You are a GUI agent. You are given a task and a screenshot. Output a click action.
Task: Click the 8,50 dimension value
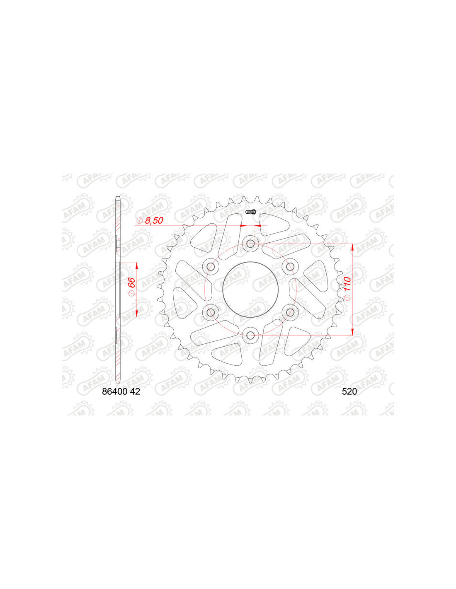[154, 221]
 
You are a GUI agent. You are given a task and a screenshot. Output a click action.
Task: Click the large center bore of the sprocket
[250, 289]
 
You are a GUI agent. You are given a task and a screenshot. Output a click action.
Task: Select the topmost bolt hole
[250, 244]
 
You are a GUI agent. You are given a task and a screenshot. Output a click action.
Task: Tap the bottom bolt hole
[250, 335]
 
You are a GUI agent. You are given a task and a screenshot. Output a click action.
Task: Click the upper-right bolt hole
[290, 266]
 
